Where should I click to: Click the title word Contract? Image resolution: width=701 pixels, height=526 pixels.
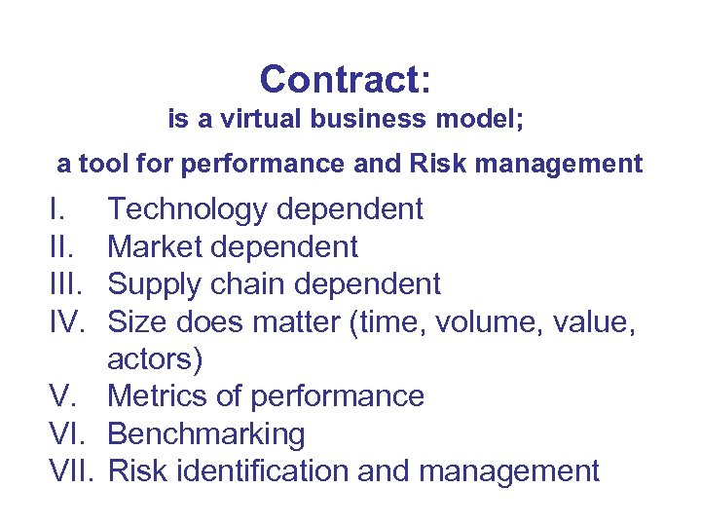[346, 80]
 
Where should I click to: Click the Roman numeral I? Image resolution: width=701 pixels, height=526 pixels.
[54, 209]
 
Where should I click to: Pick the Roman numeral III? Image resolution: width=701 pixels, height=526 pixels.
[67, 284]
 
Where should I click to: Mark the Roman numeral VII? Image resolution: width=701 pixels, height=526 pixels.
[73, 471]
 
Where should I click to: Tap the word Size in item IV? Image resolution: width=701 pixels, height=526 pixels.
[134, 321]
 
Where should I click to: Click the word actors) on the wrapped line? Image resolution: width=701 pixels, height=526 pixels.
[155, 359]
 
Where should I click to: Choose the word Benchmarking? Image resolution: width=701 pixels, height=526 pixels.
[206, 434]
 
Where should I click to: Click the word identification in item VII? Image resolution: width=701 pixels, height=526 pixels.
[272, 471]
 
